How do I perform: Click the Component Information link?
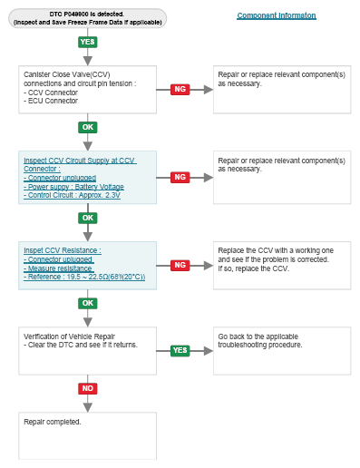[277, 15]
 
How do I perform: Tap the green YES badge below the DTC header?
[88, 42]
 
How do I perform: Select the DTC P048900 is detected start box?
[87, 18]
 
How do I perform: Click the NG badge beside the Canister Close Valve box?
[180, 89]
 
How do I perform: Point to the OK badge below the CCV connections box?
[88, 127]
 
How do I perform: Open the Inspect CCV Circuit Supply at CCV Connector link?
[80, 164]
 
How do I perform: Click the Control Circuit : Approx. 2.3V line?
[72, 195]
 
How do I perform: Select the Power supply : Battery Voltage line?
[73, 187]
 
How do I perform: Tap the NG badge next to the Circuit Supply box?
[180, 177]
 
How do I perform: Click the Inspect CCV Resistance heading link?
[63, 250]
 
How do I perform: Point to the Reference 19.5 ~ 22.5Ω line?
[84, 277]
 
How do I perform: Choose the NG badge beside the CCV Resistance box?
[180, 265]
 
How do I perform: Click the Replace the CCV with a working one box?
[282, 266]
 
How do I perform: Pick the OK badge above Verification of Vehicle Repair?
[88, 303]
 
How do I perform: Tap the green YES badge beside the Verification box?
[180, 350]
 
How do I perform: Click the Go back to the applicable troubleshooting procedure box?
[282, 351]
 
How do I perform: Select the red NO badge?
[88, 388]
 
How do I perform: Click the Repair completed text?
[53, 422]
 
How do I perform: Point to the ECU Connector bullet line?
[51, 101]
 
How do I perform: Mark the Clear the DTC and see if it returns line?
[81, 345]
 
